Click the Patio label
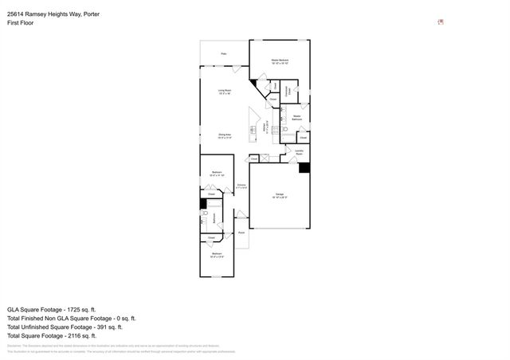[224, 54]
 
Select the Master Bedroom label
[279, 61]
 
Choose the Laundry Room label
[299, 153]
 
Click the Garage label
[280, 194]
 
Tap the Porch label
[241, 233]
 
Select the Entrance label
[241, 186]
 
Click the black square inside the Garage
[304, 167]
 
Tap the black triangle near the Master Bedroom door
[254, 81]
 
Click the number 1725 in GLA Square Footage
[76, 308]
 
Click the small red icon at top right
[441, 22]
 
